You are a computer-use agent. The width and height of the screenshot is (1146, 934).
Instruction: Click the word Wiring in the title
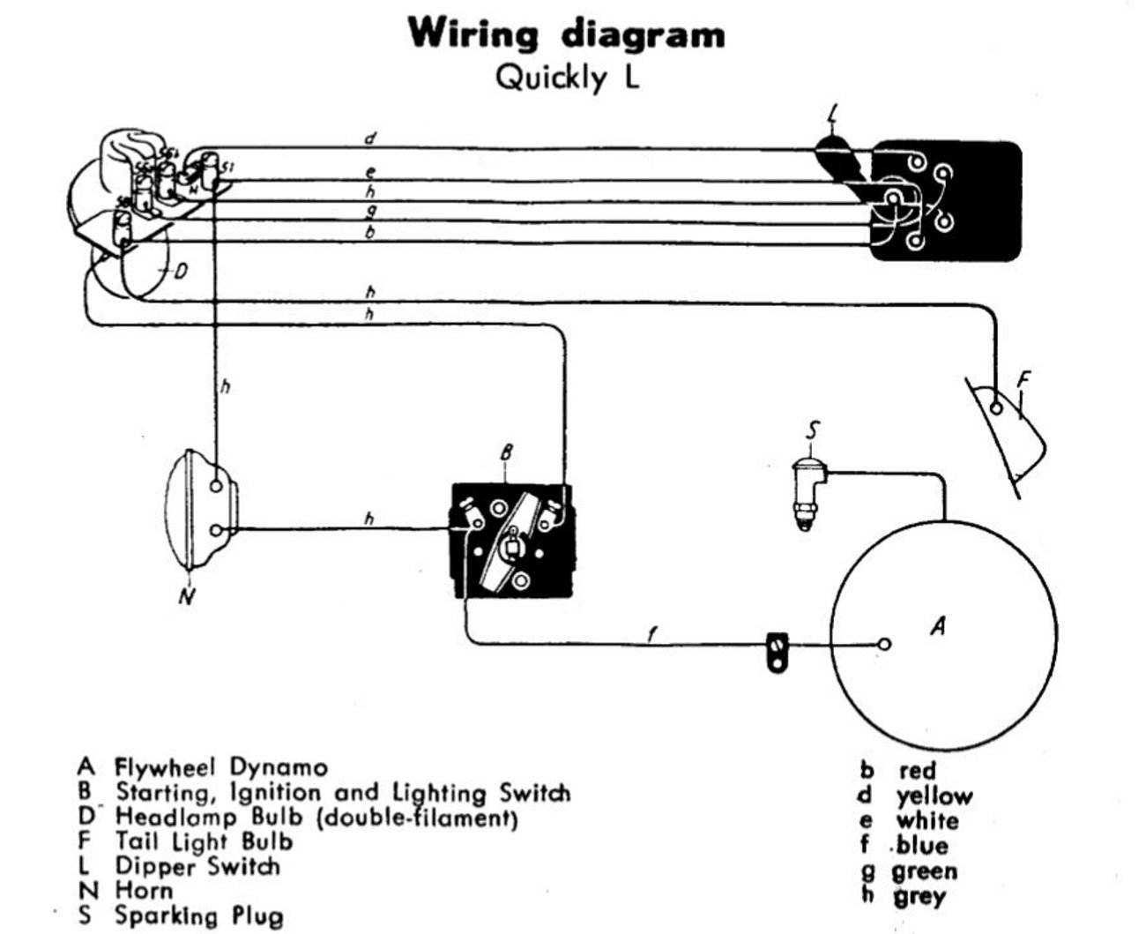[473, 35]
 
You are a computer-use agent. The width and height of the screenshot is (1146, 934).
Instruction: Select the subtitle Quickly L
[567, 78]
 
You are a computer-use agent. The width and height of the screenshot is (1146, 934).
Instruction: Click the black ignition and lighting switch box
[511, 540]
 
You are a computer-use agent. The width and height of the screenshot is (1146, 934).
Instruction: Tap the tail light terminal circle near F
[996, 407]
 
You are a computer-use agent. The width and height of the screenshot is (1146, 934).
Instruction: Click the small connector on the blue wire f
[776, 652]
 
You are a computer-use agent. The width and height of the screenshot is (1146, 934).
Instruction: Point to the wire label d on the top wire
[370, 138]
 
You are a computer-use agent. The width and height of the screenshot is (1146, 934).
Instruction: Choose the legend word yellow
[934, 796]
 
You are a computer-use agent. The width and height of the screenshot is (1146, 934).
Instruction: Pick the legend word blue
[921, 847]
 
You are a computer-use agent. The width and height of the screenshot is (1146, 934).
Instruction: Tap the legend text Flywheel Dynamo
[221, 767]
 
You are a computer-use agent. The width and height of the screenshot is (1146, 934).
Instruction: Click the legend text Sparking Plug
[199, 915]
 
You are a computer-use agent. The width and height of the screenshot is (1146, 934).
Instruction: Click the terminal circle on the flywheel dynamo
[884, 644]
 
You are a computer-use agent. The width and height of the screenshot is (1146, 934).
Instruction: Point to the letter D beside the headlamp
[180, 271]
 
